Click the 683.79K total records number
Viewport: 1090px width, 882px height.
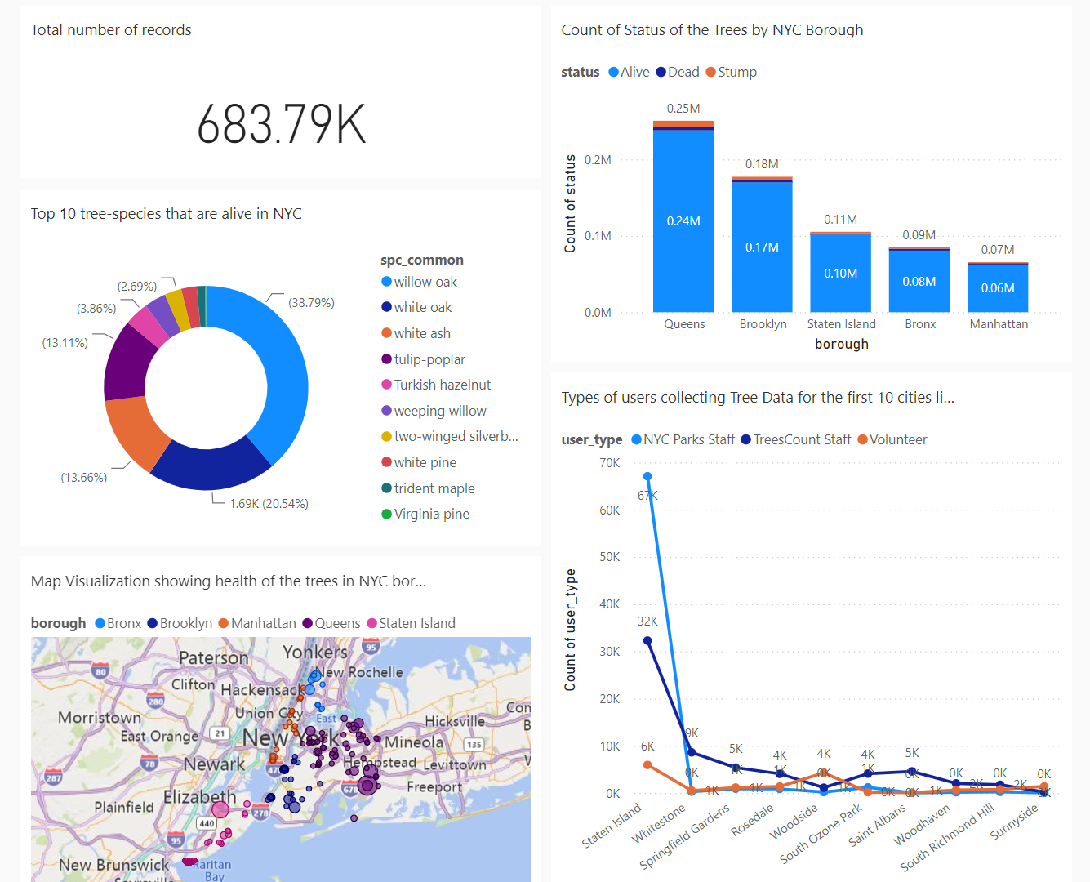tap(281, 125)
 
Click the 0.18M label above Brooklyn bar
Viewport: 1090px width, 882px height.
tap(761, 164)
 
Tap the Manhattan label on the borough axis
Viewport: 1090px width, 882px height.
tap(999, 324)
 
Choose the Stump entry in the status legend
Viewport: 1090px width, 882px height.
tap(732, 72)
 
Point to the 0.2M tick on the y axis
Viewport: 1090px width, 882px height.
tap(598, 160)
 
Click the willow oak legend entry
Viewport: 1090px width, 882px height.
tap(425, 282)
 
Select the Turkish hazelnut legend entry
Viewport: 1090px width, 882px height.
tap(442, 385)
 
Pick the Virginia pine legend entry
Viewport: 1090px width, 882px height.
tap(431, 514)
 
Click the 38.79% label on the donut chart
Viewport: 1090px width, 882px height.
tap(311, 303)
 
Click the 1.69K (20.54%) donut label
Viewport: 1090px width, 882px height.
tap(269, 504)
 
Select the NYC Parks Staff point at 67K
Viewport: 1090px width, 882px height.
tap(647, 476)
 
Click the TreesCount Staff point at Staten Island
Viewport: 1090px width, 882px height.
tap(647, 641)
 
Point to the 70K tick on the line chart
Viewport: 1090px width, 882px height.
tap(609, 463)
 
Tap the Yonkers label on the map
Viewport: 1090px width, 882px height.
tap(315, 652)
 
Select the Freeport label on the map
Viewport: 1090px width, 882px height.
tap(434, 786)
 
